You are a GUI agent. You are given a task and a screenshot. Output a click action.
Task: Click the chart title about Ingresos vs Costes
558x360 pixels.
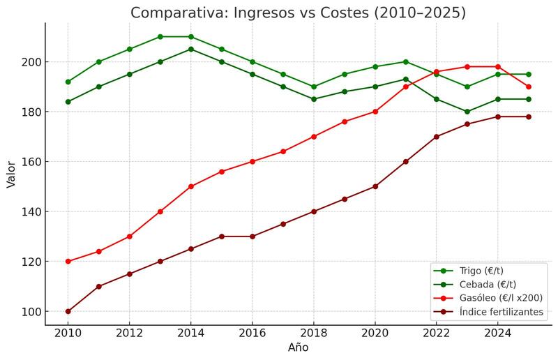(298, 13)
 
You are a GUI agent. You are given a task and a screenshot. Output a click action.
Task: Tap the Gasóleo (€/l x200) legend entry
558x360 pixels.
(501, 298)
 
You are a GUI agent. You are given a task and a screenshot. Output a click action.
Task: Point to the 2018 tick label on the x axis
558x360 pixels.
(314, 334)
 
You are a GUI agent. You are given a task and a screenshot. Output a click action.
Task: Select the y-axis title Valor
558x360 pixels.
(11, 174)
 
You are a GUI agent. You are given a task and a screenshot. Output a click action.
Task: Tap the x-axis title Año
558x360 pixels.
(298, 347)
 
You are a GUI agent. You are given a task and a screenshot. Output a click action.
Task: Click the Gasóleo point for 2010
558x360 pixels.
(68, 262)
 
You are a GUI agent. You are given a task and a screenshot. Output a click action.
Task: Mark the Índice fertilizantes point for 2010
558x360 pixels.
(68, 311)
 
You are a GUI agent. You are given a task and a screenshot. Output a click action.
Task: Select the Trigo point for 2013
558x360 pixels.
(160, 37)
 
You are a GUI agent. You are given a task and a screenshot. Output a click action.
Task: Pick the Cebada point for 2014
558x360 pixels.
(191, 50)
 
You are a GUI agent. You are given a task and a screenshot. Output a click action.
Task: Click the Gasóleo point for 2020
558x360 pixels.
(375, 112)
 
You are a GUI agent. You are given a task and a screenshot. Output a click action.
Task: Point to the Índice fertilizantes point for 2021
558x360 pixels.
(406, 162)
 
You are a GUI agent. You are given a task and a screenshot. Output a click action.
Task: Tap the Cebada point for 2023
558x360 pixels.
(467, 112)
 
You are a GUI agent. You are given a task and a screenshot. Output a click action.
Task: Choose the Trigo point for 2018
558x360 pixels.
(314, 87)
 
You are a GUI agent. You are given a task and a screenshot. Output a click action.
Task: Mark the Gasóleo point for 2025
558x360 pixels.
(528, 87)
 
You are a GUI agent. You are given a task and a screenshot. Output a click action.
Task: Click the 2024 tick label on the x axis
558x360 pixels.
(497, 334)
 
